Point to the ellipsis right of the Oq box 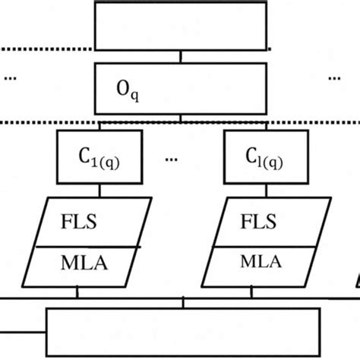click(x=336, y=77)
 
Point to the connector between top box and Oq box click(x=180, y=57)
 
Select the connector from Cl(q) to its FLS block click(x=264, y=190)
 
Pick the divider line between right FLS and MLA click(x=258, y=246)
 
